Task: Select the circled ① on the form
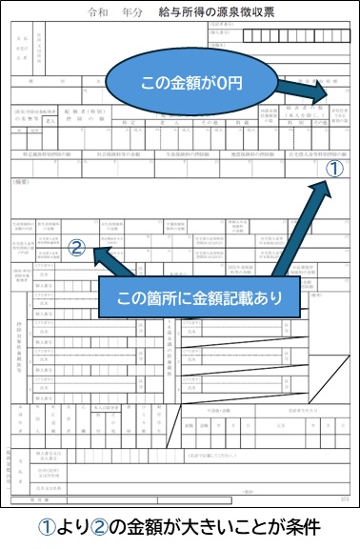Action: pyautogui.click(x=333, y=168)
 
